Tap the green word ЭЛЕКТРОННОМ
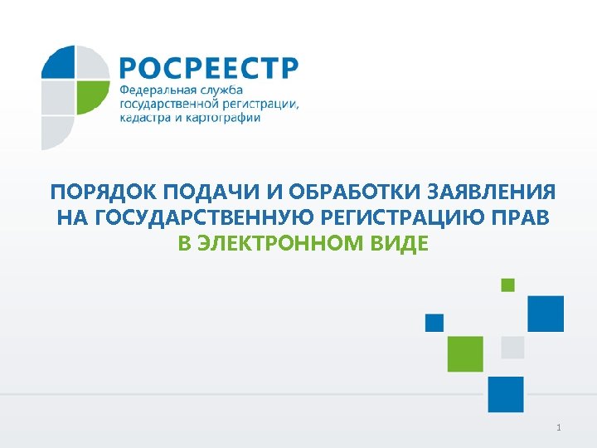coord(283,244)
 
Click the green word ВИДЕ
coord(400,244)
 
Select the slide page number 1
coord(560,428)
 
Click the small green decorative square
coord(507,285)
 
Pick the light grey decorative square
coord(512,347)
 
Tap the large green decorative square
coord(465,353)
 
